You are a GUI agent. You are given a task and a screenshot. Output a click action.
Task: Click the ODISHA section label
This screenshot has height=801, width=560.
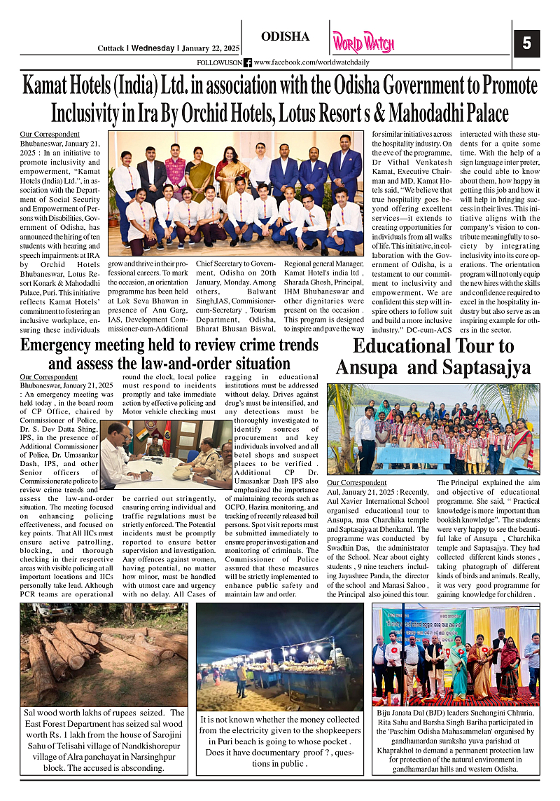tap(285, 36)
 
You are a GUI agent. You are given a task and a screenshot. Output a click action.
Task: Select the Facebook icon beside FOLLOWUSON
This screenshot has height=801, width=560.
tap(247, 62)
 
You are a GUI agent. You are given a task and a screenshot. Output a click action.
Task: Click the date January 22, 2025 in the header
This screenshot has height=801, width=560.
tap(210, 48)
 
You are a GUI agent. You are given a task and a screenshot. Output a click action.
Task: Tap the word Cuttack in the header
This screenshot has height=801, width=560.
tap(111, 48)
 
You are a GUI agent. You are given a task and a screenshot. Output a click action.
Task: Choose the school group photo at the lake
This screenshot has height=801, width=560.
tap(433, 429)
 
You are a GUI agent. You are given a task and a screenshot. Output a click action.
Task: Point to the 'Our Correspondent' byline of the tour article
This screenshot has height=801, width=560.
tap(356, 483)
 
